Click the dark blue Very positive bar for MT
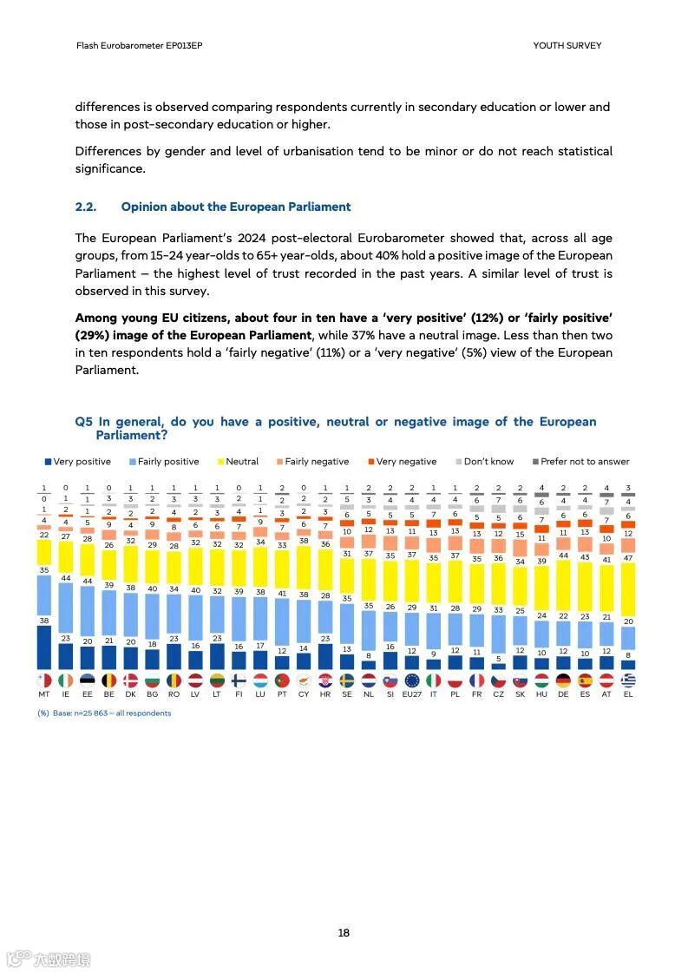(x=44, y=648)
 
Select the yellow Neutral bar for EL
(x=628, y=595)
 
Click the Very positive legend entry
(x=78, y=462)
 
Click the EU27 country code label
(x=412, y=694)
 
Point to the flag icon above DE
(x=563, y=680)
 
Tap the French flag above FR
(x=476, y=680)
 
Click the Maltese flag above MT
(x=44, y=680)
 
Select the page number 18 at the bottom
(x=344, y=933)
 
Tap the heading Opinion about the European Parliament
(x=236, y=207)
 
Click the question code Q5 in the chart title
(x=83, y=422)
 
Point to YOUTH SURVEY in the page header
(x=567, y=45)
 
